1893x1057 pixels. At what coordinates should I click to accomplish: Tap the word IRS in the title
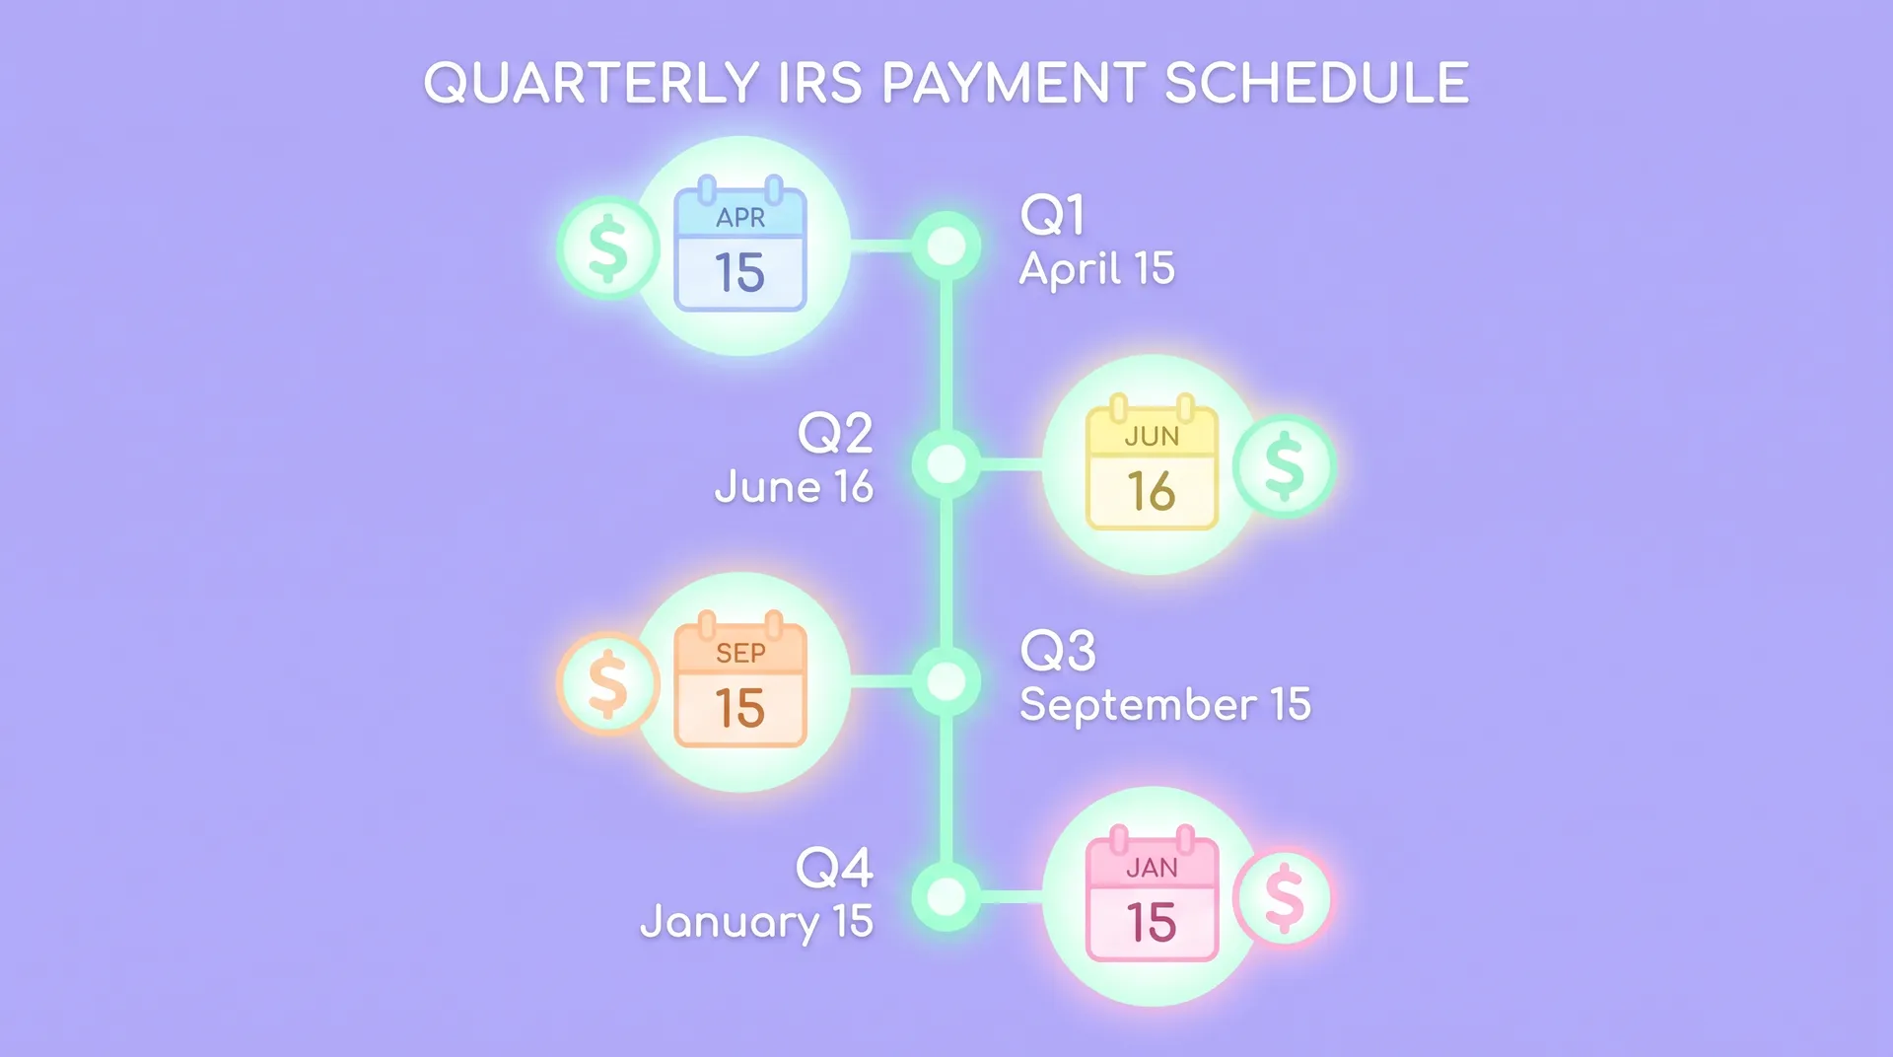click(820, 84)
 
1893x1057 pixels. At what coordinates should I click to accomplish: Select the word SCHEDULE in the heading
click(1317, 84)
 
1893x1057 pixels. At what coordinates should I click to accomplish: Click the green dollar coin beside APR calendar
click(607, 248)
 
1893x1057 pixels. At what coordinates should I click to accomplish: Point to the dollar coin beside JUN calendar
click(1284, 466)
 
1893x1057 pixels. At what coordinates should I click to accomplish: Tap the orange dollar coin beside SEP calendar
click(607, 684)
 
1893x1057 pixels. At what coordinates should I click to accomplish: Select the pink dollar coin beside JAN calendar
click(1284, 898)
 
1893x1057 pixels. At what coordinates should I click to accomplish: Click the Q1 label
click(1053, 214)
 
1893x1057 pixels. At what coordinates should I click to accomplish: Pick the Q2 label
click(835, 433)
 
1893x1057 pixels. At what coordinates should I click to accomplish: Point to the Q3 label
click(1058, 651)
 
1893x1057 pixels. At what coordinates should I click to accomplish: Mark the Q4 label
click(834, 868)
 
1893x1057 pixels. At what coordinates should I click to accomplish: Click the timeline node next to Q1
click(946, 246)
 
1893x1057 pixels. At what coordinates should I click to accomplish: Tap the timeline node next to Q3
click(946, 681)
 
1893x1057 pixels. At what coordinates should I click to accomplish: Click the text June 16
click(795, 487)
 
